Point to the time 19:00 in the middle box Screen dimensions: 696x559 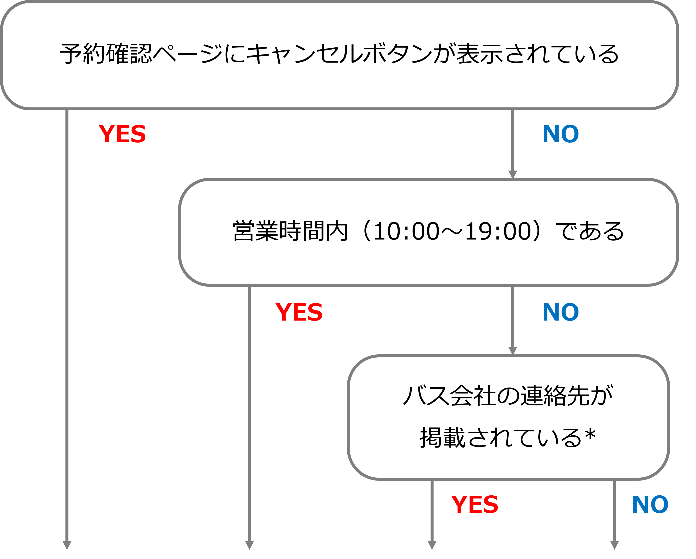(498, 231)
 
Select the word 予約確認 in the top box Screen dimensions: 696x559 (106, 54)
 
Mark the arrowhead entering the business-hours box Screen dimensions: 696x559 (513, 174)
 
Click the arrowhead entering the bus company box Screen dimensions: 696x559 (513, 351)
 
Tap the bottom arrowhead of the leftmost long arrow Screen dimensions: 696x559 (67, 545)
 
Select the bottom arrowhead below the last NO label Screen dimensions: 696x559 (614, 545)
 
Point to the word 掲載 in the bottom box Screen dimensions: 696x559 (443, 438)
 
